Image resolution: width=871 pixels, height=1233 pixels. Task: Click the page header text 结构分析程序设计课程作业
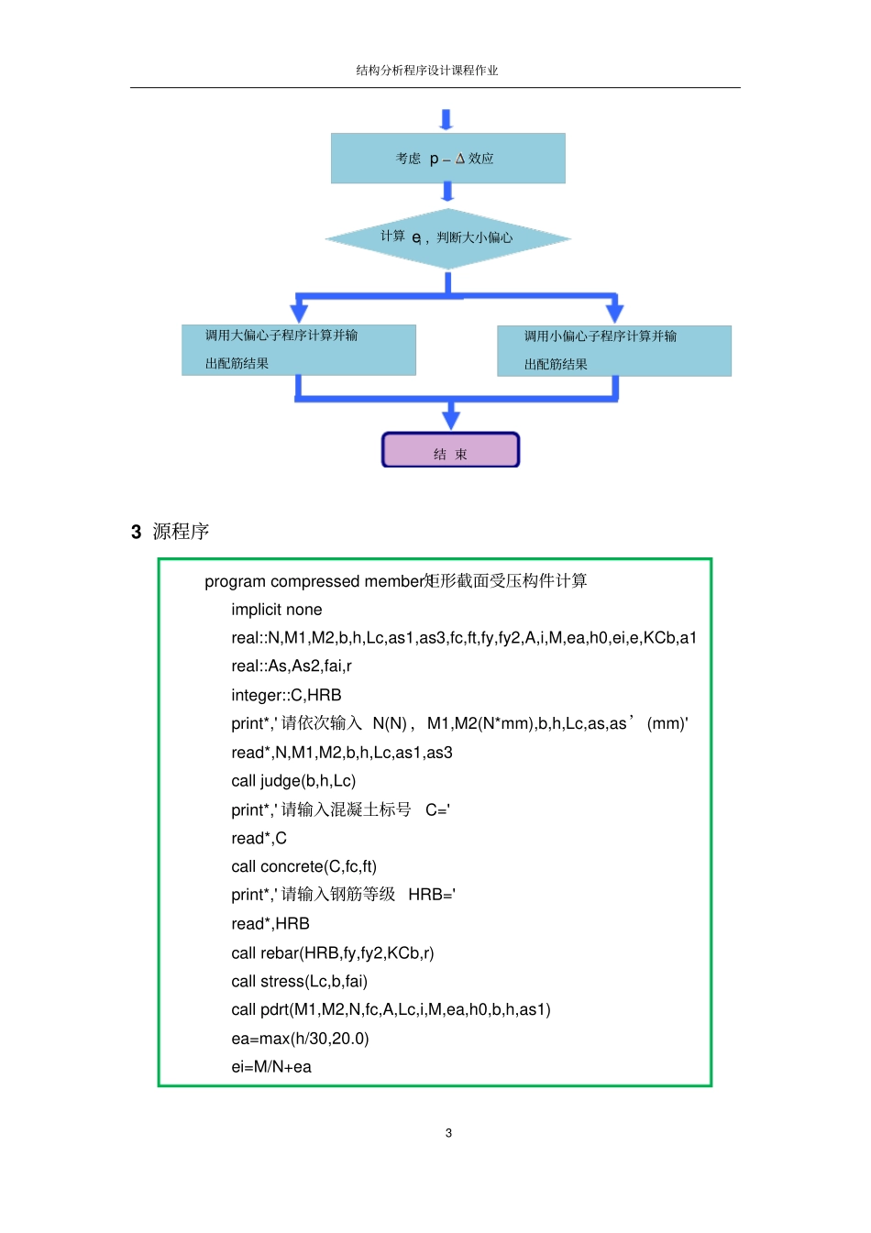point(426,71)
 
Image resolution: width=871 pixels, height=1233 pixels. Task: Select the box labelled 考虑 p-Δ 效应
point(447,159)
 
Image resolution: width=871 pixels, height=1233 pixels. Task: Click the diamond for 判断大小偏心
point(447,238)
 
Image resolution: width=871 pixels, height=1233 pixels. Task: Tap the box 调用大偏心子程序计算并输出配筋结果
point(298,350)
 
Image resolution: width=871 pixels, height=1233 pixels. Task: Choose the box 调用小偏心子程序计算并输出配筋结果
point(613,351)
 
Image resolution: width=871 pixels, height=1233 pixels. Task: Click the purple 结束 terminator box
point(450,451)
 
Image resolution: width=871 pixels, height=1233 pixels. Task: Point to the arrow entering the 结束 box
point(450,417)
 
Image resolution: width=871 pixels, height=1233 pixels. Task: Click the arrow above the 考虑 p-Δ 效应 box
point(447,120)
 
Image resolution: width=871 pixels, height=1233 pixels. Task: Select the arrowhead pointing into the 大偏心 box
point(299,312)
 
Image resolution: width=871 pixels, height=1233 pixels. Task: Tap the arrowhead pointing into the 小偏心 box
point(614,312)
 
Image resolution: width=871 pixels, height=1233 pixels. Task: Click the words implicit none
point(276,610)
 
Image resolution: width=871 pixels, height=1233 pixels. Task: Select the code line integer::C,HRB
point(286,695)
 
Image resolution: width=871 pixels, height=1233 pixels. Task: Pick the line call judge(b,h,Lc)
point(293,781)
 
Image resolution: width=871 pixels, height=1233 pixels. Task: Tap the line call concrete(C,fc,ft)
point(303,866)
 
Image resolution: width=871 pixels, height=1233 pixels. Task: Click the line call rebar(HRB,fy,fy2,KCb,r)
point(332,952)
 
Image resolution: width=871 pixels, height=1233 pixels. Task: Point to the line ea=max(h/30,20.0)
point(300,1039)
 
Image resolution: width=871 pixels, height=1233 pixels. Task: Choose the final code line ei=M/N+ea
point(271,1067)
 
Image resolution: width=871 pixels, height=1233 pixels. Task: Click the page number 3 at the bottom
point(448,1133)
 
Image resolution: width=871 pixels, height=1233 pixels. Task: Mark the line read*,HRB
point(270,923)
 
